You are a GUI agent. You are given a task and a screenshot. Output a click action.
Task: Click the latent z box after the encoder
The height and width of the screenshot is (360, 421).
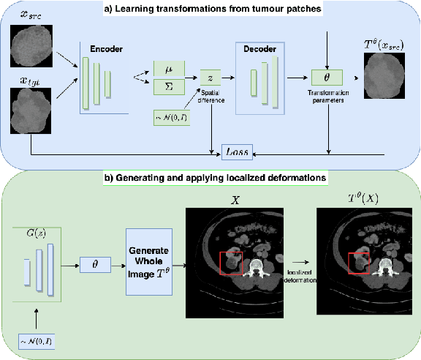click(x=210, y=76)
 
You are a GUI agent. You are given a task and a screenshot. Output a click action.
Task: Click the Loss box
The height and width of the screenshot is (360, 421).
click(x=236, y=153)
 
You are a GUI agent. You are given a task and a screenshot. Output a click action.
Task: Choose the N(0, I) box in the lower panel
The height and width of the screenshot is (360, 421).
click(x=38, y=341)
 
